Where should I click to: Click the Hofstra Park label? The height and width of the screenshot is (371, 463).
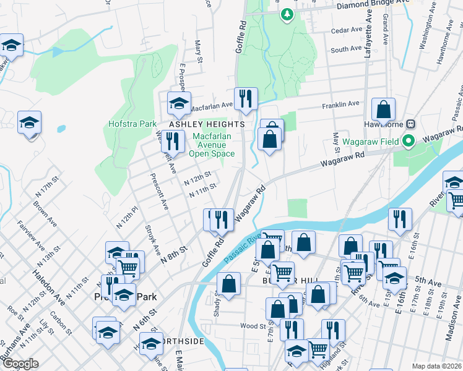(x=132, y=124)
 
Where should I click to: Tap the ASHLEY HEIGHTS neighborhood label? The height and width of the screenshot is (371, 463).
(x=207, y=124)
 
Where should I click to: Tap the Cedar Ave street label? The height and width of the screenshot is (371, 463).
(x=347, y=30)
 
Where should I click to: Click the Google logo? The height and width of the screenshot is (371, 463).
(x=20, y=364)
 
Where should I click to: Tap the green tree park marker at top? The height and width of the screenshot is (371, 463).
(x=286, y=14)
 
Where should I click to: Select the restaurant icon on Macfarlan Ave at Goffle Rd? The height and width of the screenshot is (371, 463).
(x=246, y=99)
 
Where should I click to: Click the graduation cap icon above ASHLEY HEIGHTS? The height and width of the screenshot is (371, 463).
(x=179, y=103)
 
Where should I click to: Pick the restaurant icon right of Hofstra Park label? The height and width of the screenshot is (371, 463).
(x=172, y=141)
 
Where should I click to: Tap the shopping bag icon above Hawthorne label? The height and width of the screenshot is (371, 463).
(x=383, y=109)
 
